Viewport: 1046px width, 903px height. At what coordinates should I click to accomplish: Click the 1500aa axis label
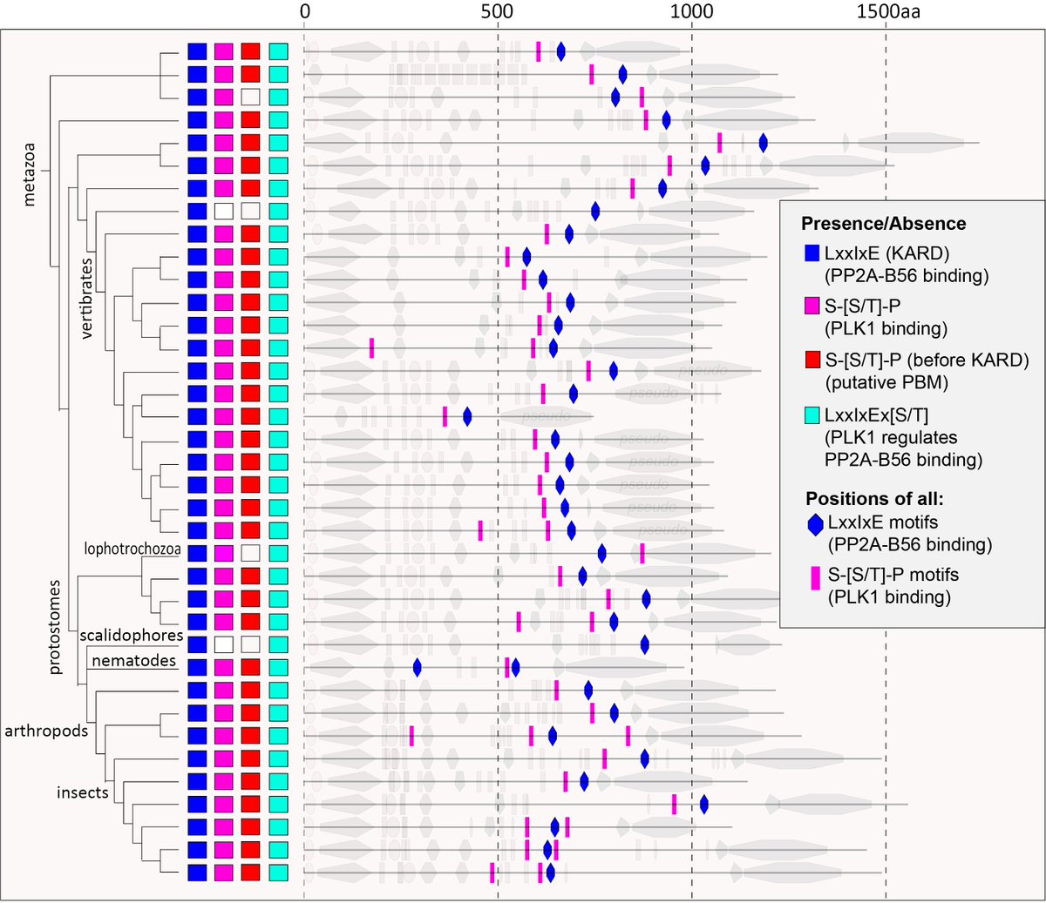tap(888, 12)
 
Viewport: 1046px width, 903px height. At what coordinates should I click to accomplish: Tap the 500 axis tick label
tap(497, 12)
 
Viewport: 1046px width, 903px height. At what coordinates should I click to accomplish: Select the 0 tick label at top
tap(304, 12)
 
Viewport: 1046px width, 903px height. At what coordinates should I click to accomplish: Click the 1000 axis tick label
tap(691, 12)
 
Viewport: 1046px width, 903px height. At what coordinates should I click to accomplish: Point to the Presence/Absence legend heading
tap(883, 223)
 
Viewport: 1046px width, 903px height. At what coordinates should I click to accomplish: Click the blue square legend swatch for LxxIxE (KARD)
tap(812, 253)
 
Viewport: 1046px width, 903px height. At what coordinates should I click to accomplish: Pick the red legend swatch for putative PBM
tap(812, 360)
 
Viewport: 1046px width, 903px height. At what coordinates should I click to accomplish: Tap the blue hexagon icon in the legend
tap(816, 523)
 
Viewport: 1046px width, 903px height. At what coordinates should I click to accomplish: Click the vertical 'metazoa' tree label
tap(29, 174)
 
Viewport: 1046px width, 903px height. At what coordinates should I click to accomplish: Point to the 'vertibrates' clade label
tap(86, 297)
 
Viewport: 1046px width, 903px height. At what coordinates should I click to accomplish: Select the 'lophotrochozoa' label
tap(132, 549)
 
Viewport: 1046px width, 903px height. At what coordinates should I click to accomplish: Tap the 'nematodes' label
tap(133, 661)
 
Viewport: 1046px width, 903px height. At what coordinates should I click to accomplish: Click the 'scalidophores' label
tap(131, 635)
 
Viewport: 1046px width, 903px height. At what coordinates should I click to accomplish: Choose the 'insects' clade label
tap(83, 792)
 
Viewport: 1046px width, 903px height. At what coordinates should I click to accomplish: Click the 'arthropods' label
tap(46, 730)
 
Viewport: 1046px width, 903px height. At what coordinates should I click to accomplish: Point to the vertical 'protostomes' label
tap(55, 626)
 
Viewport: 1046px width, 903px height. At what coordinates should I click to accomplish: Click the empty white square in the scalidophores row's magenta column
tap(224, 644)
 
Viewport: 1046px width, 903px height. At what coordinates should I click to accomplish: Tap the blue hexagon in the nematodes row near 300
tap(417, 668)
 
